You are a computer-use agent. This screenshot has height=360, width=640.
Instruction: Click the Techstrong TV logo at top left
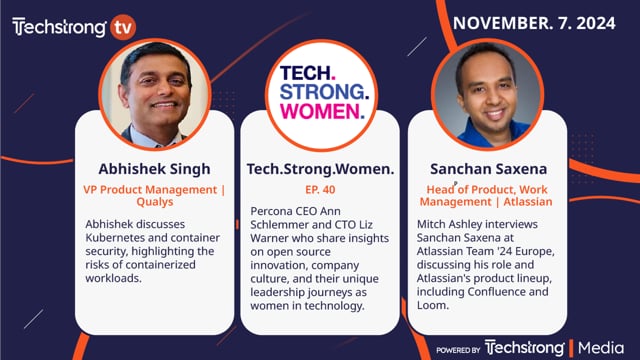(x=73, y=26)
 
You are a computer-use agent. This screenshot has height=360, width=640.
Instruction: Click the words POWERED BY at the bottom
(x=459, y=348)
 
